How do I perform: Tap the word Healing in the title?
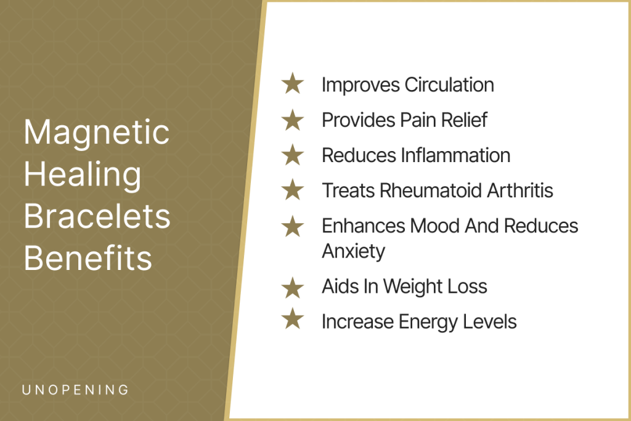[83, 176]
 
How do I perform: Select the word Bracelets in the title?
[97, 216]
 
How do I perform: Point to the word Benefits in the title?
[88, 258]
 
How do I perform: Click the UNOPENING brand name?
[75, 390]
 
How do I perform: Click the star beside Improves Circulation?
[293, 83]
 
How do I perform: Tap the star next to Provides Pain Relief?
[293, 120]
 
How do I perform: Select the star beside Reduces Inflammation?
[293, 155]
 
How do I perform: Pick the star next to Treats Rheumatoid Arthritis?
[293, 190]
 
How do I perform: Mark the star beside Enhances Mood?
[293, 226]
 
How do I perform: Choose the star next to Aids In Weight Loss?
[293, 288]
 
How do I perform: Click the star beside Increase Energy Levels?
[293, 319]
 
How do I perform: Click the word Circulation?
[449, 85]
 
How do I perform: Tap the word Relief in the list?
[464, 120]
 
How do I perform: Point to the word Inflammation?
[456, 155]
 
